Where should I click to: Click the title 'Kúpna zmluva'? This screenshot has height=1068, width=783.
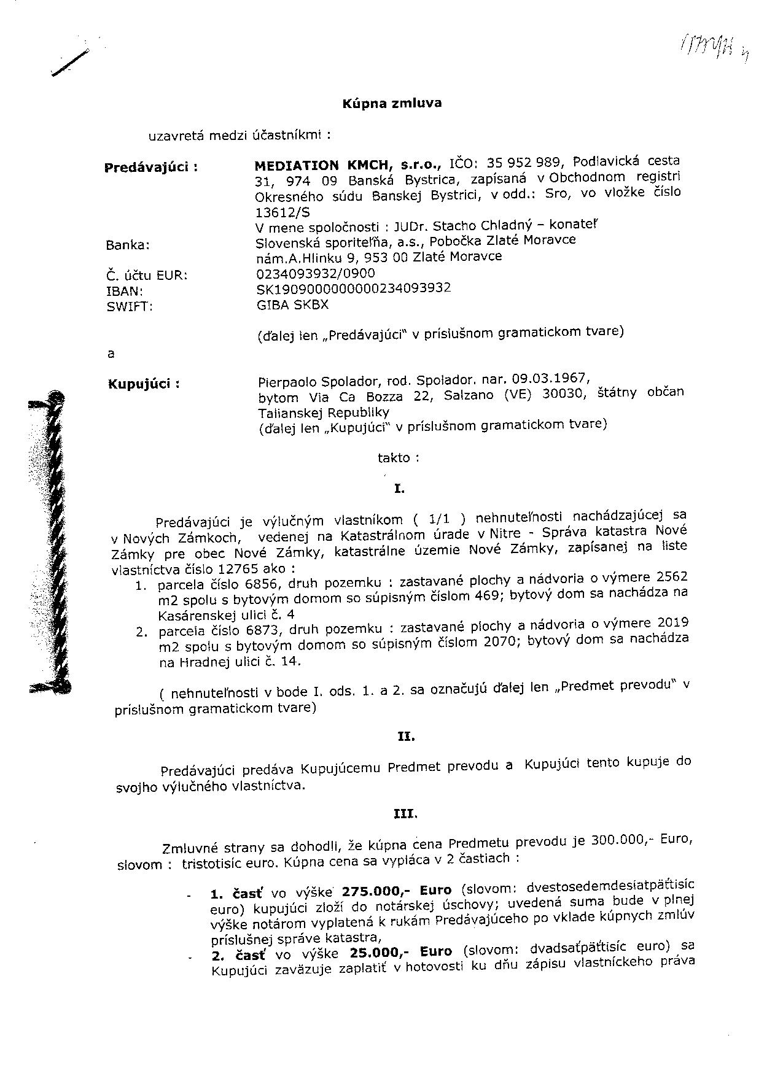coord(391,103)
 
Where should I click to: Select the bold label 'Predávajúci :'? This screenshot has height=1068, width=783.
coord(151,167)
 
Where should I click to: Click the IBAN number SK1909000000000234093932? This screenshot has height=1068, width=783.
coord(353,288)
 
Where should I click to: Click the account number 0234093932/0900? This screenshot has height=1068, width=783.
coord(315,273)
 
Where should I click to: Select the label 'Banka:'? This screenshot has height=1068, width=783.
coord(128,245)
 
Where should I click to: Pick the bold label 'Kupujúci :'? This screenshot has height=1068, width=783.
coord(144,384)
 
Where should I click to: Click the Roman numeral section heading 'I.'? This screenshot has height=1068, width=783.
coord(399,489)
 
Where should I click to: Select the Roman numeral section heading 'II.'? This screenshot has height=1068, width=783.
coord(406,737)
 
